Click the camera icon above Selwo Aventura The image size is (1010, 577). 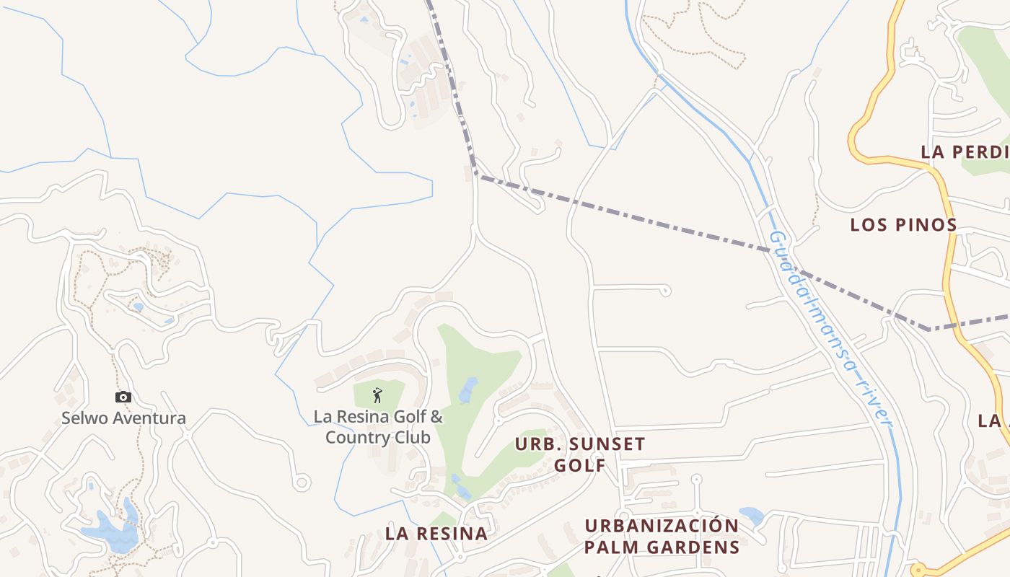(123, 397)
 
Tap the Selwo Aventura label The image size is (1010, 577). (123, 418)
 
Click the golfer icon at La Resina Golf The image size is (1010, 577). (377, 395)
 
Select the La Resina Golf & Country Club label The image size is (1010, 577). (378, 427)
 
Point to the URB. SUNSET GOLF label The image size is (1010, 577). (580, 454)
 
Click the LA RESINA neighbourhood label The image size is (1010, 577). (436, 534)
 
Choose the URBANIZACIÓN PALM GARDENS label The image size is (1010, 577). (662, 536)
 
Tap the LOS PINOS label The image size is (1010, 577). (903, 224)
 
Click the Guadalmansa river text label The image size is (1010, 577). (830, 328)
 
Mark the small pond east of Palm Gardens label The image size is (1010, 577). (751, 515)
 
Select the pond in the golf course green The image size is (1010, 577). (468, 389)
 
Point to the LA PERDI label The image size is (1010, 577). (965, 152)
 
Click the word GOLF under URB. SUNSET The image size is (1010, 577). (580, 465)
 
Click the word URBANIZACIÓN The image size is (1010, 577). (662, 525)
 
